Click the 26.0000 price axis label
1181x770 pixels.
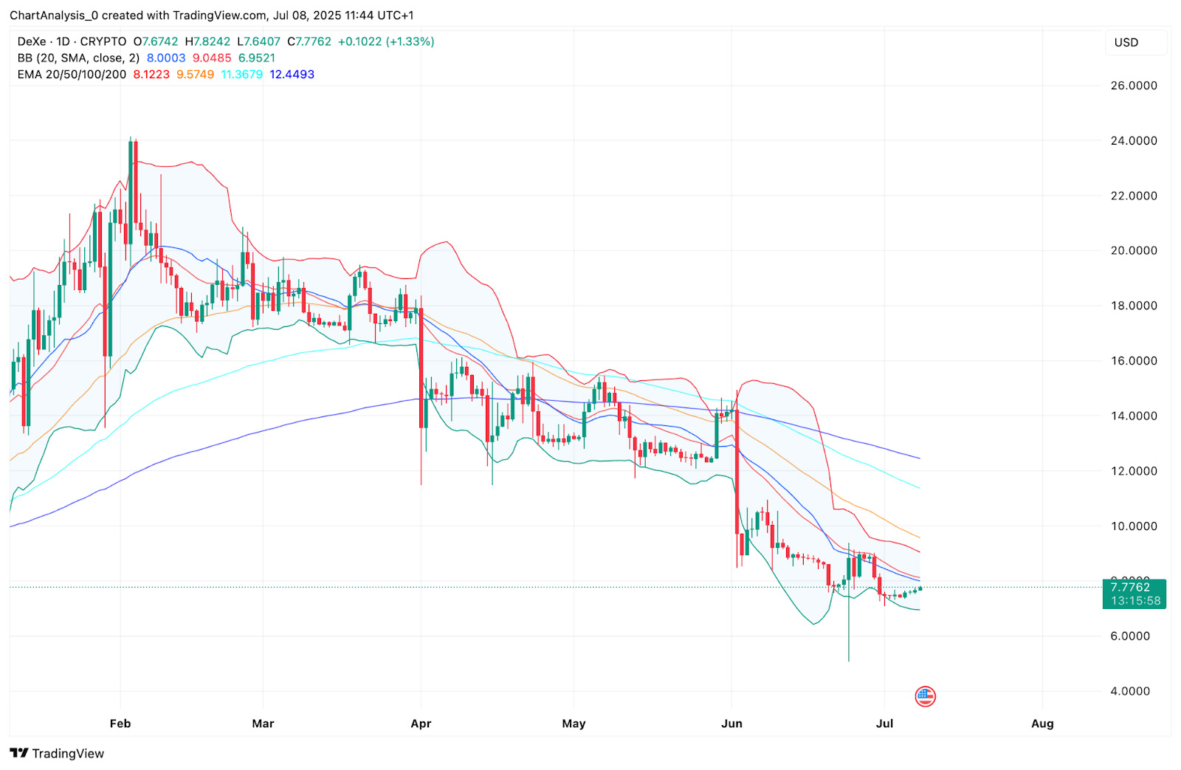click(1133, 86)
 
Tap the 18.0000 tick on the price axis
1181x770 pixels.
click(1133, 306)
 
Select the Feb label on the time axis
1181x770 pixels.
click(120, 723)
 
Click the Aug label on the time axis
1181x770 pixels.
click(1042, 723)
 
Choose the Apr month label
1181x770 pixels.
click(421, 723)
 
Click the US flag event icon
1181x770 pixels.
click(925, 695)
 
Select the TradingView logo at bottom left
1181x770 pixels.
click(58, 753)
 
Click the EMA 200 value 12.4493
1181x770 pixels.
click(292, 75)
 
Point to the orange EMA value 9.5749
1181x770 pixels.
click(195, 75)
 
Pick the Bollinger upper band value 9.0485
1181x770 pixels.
click(212, 58)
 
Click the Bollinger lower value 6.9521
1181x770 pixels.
click(257, 58)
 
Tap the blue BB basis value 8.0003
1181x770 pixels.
click(166, 58)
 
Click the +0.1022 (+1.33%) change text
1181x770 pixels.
click(386, 42)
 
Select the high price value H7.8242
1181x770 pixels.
click(207, 42)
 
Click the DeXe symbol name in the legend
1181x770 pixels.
click(32, 42)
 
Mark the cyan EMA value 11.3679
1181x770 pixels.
click(242, 75)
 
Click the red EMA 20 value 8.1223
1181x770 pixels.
click(151, 75)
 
